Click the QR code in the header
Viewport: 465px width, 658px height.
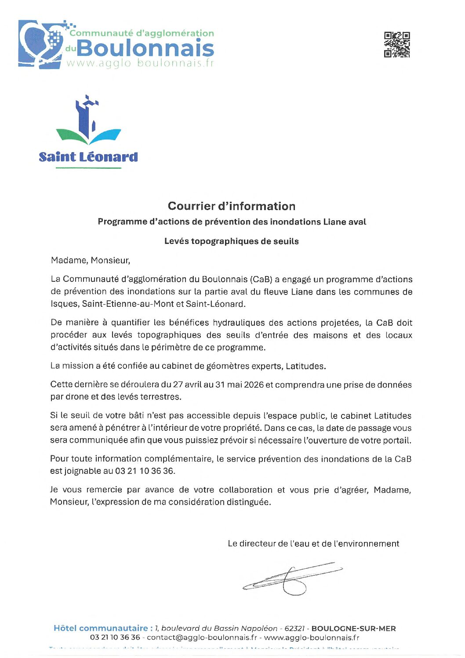click(x=397, y=44)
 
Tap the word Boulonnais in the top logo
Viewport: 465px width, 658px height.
click(x=145, y=48)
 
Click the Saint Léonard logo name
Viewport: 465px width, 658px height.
click(x=88, y=157)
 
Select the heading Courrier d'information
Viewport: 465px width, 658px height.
click(x=232, y=206)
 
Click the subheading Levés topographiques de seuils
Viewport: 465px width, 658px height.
click(x=232, y=241)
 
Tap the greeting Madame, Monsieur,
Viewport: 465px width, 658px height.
click(x=91, y=260)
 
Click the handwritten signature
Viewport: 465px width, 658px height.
click(x=292, y=577)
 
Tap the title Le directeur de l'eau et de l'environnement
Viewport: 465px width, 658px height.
click(x=313, y=544)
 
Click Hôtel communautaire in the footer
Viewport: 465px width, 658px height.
click(x=101, y=629)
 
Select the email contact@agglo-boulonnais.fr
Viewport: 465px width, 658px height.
click(x=202, y=638)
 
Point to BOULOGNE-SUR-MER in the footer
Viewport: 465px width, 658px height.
click(x=353, y=629)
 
